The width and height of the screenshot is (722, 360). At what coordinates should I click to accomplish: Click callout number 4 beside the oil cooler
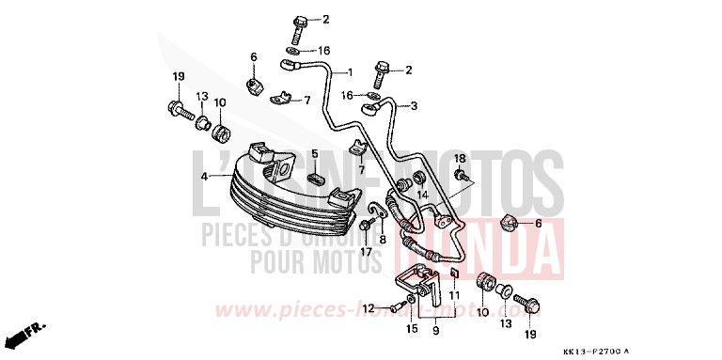(203, 176)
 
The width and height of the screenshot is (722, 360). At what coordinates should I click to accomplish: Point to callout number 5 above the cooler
(316, 153)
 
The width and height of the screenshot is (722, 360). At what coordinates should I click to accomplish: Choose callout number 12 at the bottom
(369, 307)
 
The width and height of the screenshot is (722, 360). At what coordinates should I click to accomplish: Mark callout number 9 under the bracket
(433, 332)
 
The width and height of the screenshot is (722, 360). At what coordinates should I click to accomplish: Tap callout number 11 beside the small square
(454, 296)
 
